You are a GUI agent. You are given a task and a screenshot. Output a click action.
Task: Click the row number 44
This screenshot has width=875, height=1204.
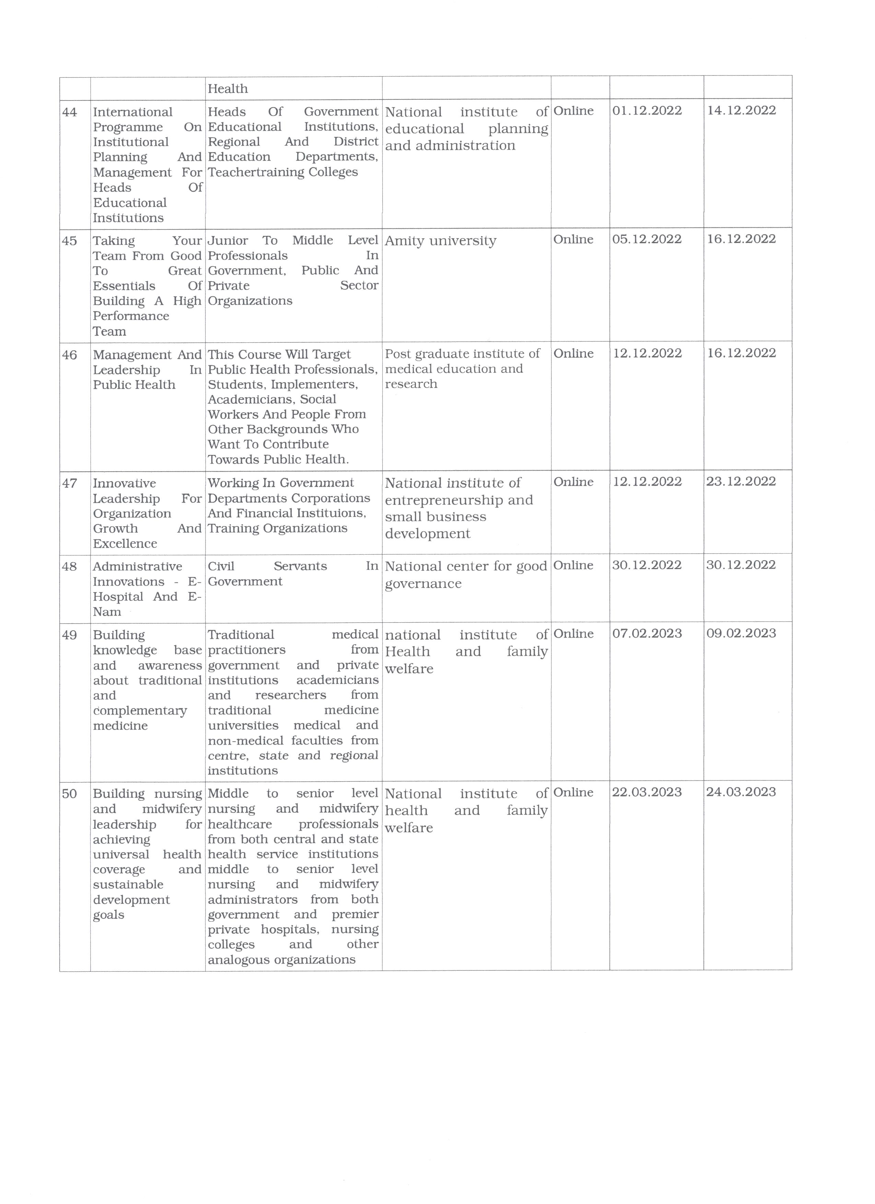pyautogui.click(x=70, y=112)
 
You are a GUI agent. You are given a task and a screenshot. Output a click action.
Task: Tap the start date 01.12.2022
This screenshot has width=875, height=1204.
pyautogui.click(x=647, y=110)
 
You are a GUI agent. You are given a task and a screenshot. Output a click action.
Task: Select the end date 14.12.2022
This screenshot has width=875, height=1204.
pyautogui.click(x=741, y=110)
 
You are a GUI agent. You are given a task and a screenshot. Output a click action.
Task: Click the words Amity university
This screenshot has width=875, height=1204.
pyautogui.click(x=440, y=241)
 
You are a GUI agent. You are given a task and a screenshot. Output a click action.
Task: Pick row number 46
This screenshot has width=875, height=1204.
pyautogui.click(x=70, y=355)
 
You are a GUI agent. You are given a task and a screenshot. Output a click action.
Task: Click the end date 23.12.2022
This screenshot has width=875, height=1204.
pyautogui.click(x=741, y=482)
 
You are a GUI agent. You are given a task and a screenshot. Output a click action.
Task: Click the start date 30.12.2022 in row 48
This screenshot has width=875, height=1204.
pyautogui.click(x=647, y=565)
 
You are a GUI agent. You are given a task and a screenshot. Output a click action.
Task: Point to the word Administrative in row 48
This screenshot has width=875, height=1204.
pyautogui.click(x=138, y=566)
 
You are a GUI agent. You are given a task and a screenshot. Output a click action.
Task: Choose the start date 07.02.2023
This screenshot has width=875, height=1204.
pyautogui.click(x=647, y=633)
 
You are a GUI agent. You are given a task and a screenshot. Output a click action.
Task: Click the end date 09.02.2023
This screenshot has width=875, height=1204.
pyautogui.click(x=741, y=633)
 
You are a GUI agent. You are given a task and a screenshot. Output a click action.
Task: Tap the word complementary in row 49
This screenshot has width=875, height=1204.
pyautogui.click(x=140, y=711)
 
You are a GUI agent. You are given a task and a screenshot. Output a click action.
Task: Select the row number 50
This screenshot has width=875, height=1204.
pyautogui.click(x=70, y=794)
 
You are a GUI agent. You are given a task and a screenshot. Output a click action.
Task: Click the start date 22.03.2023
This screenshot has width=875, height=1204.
pyautogui.click(x=647, y=792)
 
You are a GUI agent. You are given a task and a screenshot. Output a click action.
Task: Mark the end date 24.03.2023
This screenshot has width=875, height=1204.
pyautogui.click(x=741, y=792)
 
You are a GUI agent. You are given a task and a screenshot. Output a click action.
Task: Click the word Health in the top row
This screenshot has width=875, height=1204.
pyautogui.click(x=228, y=88)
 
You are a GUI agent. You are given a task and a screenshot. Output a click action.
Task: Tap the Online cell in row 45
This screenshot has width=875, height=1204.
pyautogui.click(x=573, y=239)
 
